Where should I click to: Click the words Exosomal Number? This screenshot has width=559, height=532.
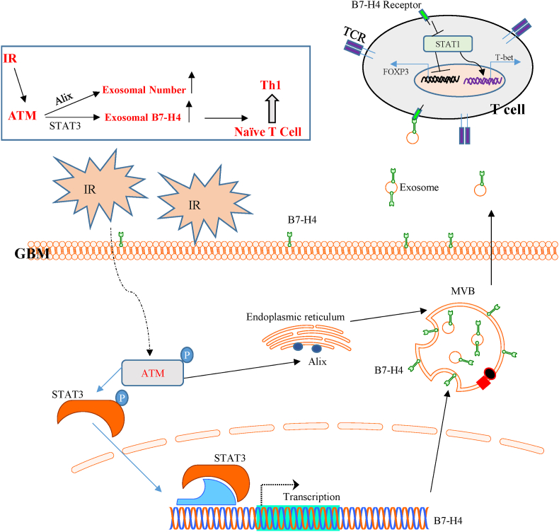tap(144, 91)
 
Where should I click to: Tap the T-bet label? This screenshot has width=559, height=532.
tap(504, 56)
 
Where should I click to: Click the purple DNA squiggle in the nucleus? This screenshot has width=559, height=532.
tap(484, 81)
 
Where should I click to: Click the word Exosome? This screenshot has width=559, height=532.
tap(416, 188)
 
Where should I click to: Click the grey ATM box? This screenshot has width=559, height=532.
tap(152, 372)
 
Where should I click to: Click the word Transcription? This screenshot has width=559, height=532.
tap(311, 497)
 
